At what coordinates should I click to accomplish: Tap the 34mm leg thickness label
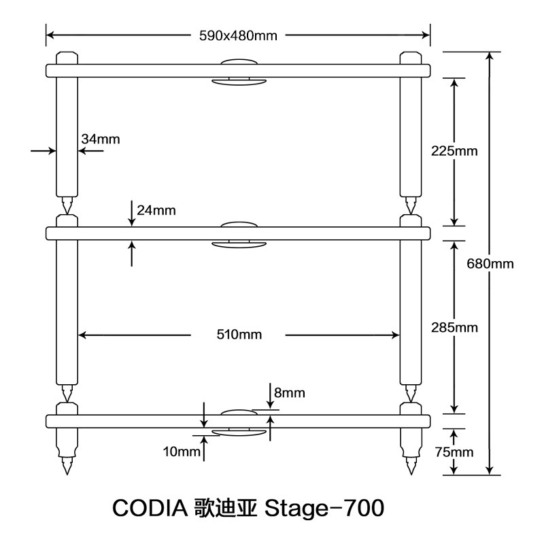(x=100, y=139)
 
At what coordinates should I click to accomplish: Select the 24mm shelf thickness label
(x=156, y=211)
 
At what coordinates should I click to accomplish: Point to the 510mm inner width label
(x=238, y=334)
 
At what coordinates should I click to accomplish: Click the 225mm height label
(x=454, y=151)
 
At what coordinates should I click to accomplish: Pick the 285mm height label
(x=454, y=328)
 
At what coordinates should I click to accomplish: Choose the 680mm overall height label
(x=490, y=263)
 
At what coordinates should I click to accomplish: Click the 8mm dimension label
(x=290, y=393)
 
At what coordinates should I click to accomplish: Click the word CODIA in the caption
(x=152, y=507)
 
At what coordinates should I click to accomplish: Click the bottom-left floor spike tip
(x=67, y=471)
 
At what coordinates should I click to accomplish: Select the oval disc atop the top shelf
(x=238, y=61)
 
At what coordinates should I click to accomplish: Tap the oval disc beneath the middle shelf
(x=238, y=244)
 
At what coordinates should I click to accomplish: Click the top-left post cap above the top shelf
(x=67, y=57)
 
